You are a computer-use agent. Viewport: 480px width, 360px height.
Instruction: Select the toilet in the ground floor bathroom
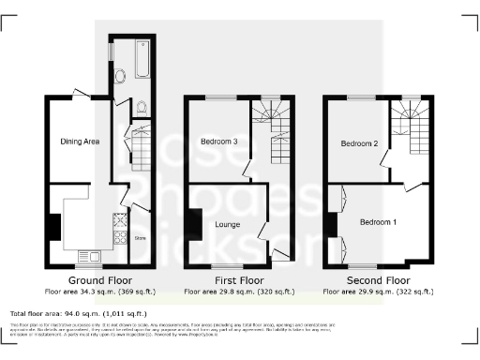(x=141, y=106)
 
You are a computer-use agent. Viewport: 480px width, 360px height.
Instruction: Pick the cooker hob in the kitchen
(x=120, y=224)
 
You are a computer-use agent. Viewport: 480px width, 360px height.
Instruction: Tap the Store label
(x=141, y=238)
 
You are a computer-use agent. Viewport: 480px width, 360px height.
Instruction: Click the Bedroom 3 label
(x=218, y=142)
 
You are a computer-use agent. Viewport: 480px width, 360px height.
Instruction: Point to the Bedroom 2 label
(x=358, y=143)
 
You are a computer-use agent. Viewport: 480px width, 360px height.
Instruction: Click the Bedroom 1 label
(x=378, y=222)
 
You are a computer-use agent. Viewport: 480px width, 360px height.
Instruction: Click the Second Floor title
(x=378, y=280)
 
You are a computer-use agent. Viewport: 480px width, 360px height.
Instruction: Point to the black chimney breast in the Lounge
(x=191, y=224)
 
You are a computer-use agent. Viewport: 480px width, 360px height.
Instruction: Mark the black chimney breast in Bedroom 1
(x=331, y=225)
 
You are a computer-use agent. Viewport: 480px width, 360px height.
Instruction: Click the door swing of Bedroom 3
(x=247, y=170)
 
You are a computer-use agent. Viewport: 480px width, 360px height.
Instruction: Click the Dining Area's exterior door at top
(x=82, y=94)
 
